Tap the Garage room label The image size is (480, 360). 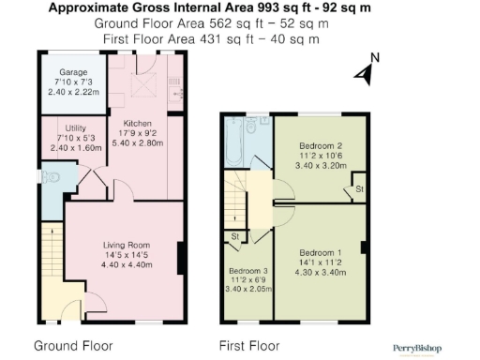tap(73, 72)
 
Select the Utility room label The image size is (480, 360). tap(76, 127)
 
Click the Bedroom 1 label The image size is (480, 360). tap(321, 253)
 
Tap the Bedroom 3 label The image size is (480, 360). tap(248, 271)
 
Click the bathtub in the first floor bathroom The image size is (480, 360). tap(233, 141)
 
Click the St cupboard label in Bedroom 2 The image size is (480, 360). tap(359, 190)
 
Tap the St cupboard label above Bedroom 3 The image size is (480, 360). tap(234, 236)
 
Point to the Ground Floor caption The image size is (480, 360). tap(72, 345)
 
